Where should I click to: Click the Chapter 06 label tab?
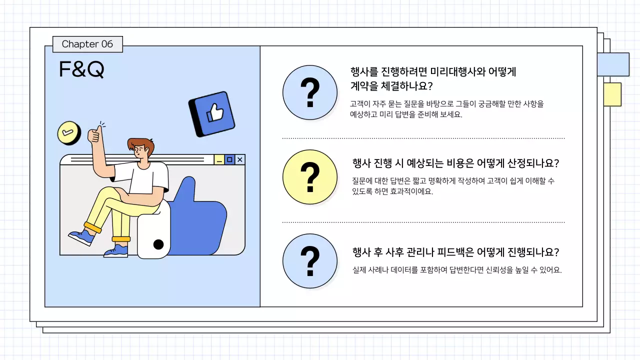coord(87,44)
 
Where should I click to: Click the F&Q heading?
coord(81,70)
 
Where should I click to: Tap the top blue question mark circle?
coord(310,92)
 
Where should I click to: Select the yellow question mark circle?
coord(310,177)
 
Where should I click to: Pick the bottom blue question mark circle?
coord(310,261)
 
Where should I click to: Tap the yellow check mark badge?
coord(69,133)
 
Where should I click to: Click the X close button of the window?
coord(240,159)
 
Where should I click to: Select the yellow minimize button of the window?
coord(219,159)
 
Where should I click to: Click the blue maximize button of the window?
coord(229,159)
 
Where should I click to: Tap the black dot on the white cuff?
coord(158,244)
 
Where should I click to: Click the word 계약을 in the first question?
coord(364,86)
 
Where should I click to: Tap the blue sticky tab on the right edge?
coord(613,64)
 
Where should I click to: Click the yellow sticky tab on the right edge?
coord(612,94)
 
